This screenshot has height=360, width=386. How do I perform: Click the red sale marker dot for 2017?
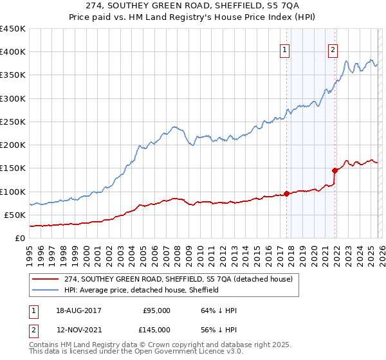pos(286,194)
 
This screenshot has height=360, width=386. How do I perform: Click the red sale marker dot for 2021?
pos(335,170)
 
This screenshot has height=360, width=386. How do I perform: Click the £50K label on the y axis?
pos(15,215)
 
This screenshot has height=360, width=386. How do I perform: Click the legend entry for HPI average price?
pos(141,290)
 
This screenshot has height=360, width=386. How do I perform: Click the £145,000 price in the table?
pos(156,329)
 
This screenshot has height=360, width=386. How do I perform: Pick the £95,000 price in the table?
pos(156,310)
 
